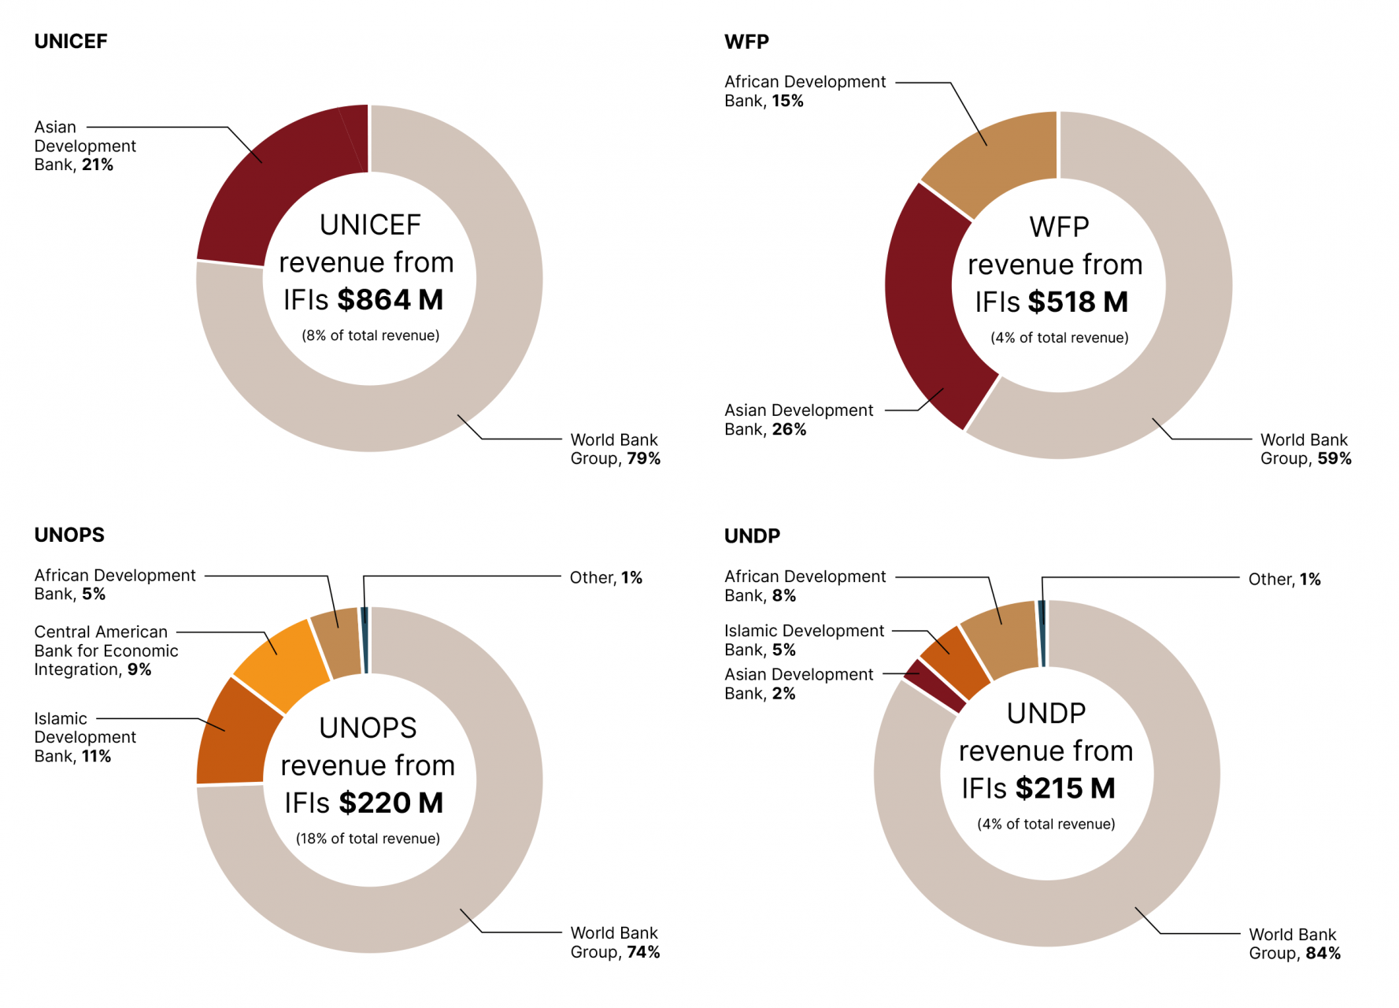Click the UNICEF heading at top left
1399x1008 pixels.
pyautogui.click(x=71, y=42)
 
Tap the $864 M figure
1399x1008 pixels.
pyautogui.click(x=390, y=300)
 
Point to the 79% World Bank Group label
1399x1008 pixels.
pyautogui.click(x=615, y=449)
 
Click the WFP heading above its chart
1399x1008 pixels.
pyautogui.click(x=746, y=42)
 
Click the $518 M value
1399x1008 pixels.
pyautogui.click(x=1079, y=302)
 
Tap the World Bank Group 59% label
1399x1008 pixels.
pyautogui.click(x=1305, y=449)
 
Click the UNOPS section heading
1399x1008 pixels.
pyautogui.click(x=69, y=535)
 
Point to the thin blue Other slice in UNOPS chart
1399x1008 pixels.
pyautogui.click(x=365, y=639)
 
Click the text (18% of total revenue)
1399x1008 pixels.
pyautogui.click(x=368, y=839)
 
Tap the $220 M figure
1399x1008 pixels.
pyautogui.click(x=391, y=803)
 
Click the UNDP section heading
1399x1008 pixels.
pyautogui.click(x=752, y=536)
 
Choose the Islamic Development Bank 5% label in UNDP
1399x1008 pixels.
pyautogui.click(x=803, y=640)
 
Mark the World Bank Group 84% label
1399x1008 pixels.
pyautogui.click(x=1294, y=943)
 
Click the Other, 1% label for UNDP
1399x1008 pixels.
pyautogui.click(x=1284, y=580)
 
